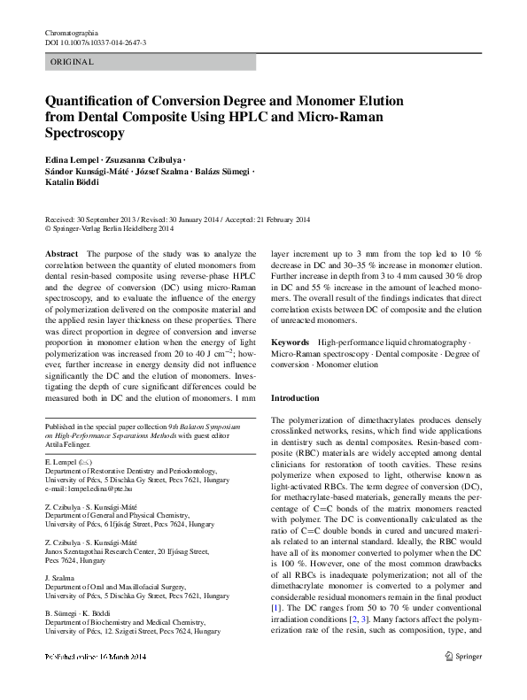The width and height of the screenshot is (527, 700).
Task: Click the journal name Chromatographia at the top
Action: pyautogui.click(x=74, y=33)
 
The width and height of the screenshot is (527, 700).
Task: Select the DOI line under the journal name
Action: pyautogui.click(x=96, y=42)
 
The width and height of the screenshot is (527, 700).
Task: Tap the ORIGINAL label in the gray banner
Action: pyautogui.click(x=72, y=63)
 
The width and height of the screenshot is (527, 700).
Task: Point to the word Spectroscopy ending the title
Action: pyautogui.click(x=84, y=133)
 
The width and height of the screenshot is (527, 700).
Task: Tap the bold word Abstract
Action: pyautogui.click(x=61, y=253)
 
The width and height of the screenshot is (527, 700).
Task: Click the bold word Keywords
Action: pyautogui.click(x=290, y=342)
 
